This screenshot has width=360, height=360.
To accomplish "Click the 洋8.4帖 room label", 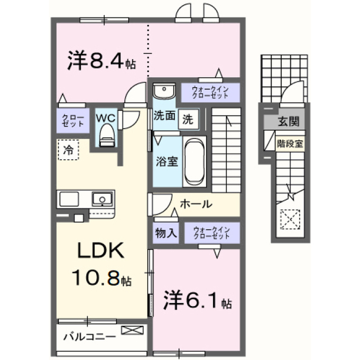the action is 101,60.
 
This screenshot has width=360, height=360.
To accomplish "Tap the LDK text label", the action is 101,250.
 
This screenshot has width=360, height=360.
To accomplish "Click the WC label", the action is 106,119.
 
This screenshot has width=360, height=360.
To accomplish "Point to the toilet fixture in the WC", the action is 107,135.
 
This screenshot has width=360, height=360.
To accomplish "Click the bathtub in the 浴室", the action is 195,161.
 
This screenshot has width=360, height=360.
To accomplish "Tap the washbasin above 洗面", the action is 164,91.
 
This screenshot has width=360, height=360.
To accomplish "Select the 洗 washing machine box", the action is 188,119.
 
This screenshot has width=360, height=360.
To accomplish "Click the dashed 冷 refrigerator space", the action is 69,150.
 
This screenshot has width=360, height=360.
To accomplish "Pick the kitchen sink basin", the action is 102,199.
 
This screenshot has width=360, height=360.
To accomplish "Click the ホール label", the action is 196,204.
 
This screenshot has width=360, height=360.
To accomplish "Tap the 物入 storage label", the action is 166,233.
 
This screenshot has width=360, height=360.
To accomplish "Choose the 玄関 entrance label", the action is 289,121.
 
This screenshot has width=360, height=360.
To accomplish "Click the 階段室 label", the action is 290,144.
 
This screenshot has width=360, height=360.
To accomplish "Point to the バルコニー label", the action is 90,337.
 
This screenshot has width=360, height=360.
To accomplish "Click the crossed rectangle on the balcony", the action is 132,330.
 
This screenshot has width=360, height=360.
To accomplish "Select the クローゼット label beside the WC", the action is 73,120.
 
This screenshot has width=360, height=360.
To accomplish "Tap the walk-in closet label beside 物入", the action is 211,233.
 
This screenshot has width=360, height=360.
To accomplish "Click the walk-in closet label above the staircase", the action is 210,92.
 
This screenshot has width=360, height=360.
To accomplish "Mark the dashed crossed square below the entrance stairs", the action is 290,219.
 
